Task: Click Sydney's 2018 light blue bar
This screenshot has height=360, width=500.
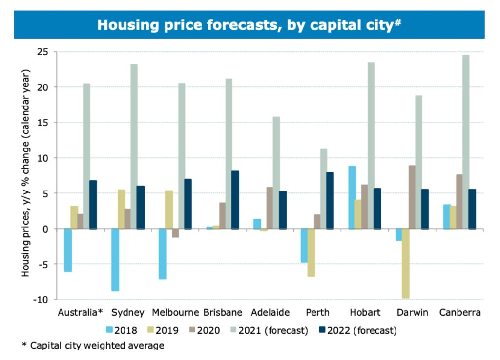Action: coord(115,259)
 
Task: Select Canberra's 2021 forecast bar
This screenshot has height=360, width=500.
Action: coord(466,142)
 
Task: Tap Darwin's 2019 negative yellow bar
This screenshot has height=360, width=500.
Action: coord(406,263)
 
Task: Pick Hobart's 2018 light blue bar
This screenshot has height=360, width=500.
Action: coord(352,197)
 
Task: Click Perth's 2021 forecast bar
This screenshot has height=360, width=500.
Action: coord(323,189)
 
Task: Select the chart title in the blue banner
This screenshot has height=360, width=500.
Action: coord(249,24)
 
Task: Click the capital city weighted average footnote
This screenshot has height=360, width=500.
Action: coord(93,346)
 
